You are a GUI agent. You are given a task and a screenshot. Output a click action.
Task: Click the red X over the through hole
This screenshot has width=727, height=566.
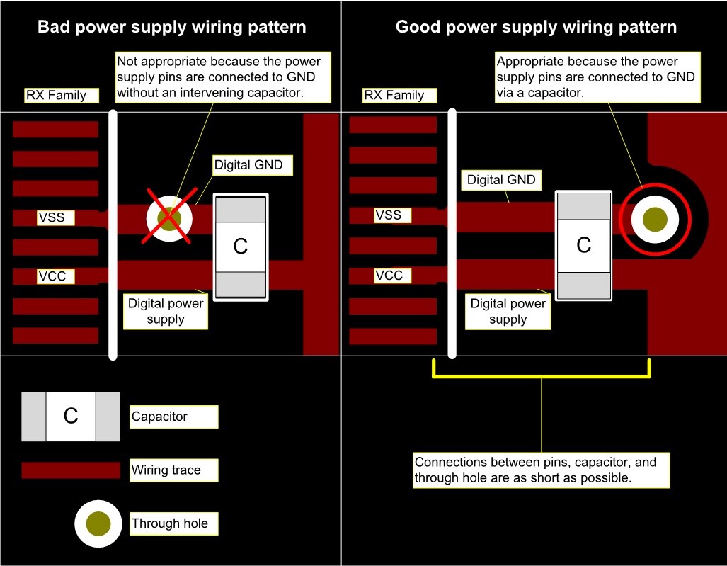[169, 216]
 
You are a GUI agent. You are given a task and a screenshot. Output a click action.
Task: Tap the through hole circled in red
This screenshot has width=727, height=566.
[655, 219]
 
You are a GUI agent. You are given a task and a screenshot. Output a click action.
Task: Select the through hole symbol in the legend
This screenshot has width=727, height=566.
[98, 523]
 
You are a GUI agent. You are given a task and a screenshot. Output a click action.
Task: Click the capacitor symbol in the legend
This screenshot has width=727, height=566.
[71, 417]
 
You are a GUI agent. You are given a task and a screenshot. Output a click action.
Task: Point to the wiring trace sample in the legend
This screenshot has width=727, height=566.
[71, 470]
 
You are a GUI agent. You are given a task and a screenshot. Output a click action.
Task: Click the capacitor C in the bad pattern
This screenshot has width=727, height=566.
[241, 247]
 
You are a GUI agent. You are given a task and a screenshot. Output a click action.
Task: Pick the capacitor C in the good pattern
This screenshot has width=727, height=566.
[583, 245]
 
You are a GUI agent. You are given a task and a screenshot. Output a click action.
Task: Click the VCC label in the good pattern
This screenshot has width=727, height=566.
[392, 276]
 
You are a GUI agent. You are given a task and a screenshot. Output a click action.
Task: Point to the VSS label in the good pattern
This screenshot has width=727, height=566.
[392, 215]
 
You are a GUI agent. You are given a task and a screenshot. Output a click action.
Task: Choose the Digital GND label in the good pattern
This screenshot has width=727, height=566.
[501, 180]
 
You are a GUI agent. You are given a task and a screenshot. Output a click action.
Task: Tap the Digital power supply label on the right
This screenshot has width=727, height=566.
[508, 312]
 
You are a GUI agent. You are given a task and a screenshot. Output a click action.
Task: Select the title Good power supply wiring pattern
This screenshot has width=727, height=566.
[536, 27]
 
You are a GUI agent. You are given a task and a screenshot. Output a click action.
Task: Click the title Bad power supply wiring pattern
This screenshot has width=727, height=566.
[171, 27]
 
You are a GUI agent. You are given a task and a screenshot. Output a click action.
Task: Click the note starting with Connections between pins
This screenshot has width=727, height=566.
[541, 470]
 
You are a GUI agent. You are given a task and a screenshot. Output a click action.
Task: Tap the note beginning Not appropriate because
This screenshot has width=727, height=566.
[222, 77]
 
